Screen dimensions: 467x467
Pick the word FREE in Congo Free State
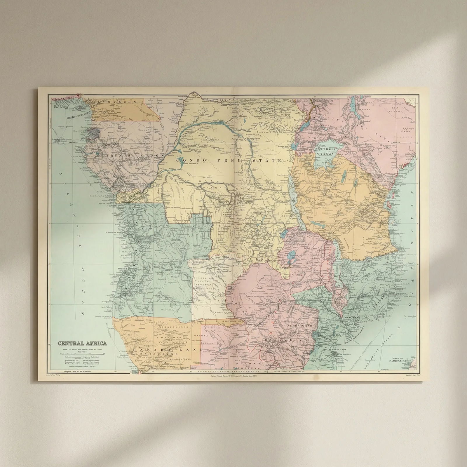coord(231,161)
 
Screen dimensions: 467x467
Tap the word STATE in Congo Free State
coord(269,161)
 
